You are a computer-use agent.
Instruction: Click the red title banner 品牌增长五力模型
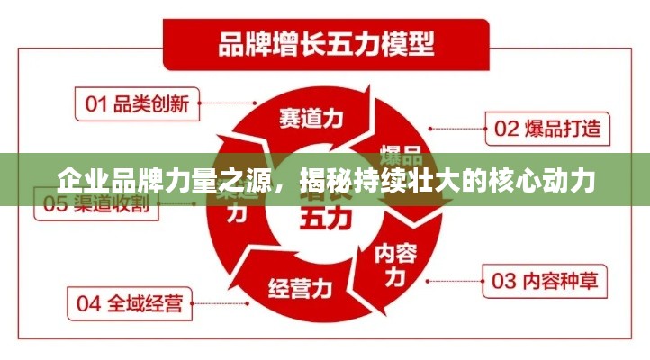pos(324,42)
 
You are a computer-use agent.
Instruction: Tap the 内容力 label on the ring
pos(396,262)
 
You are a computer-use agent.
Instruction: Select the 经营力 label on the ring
pos(301,289)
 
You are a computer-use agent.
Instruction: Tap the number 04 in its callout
pos(88,302)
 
